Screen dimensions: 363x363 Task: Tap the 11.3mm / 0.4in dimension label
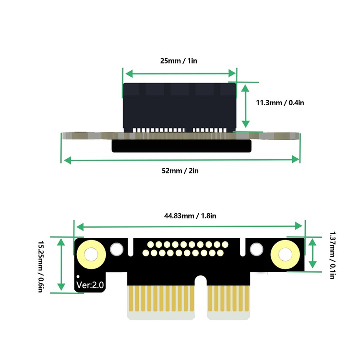pos(280,103)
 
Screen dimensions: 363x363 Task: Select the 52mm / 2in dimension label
pos(180,171)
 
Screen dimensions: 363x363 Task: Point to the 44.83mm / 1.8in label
pos(190,216)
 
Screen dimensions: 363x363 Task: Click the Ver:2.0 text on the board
pos(90,285)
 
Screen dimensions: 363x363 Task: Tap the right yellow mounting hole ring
pos(285,254)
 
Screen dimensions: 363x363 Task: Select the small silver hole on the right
pos(257,249)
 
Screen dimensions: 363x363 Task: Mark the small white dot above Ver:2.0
pos(78,276)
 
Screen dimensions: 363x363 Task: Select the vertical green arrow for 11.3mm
pos(245,105)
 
